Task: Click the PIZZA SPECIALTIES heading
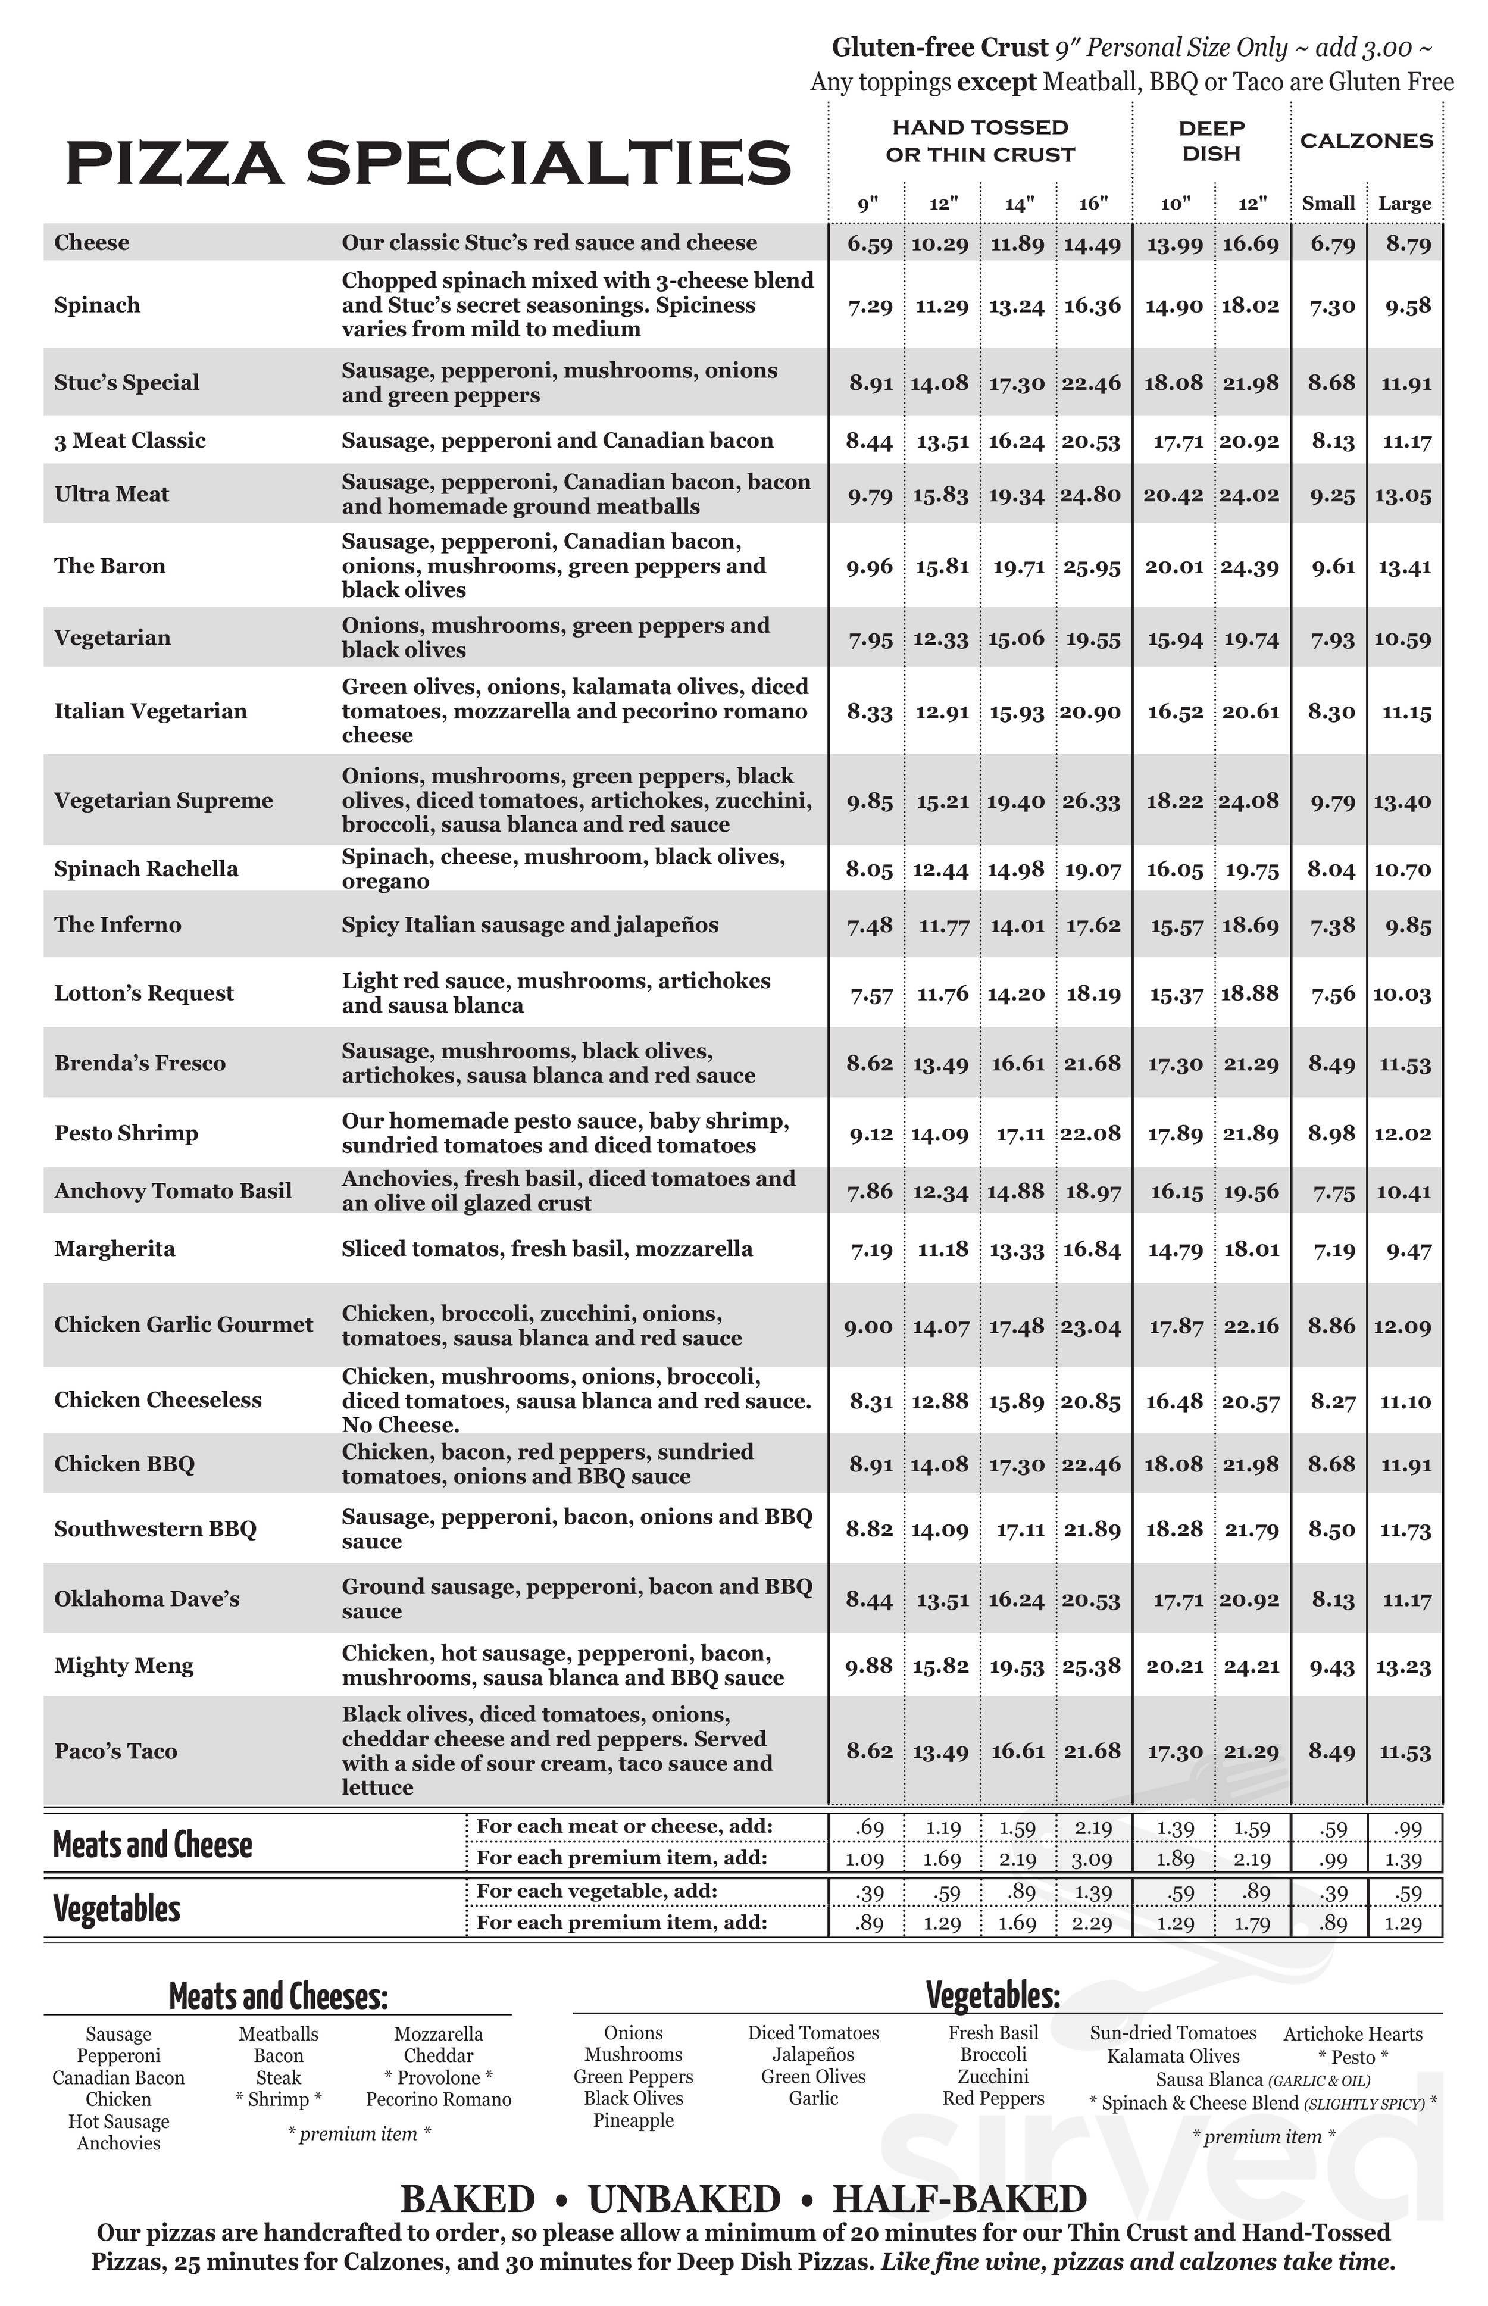tap(428, 163)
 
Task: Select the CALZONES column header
tap(1366, 141)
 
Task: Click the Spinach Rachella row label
tap(146, 868)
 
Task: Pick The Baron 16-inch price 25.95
tap(1092, 567)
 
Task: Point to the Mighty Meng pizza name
tap(124, 1666)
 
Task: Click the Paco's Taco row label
tap(116, 1751)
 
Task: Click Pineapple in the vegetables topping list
tap(633, 2120)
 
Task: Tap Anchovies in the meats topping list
tap(119, 2143)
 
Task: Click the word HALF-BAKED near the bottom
tap(959, 2199)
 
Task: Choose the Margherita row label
tap(115, 1249)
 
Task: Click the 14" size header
tap(1018, 204)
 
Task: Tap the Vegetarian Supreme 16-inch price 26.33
tap(1092, 802)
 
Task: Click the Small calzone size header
tap(1328, 204)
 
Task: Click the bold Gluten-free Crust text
tap(940, 48)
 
